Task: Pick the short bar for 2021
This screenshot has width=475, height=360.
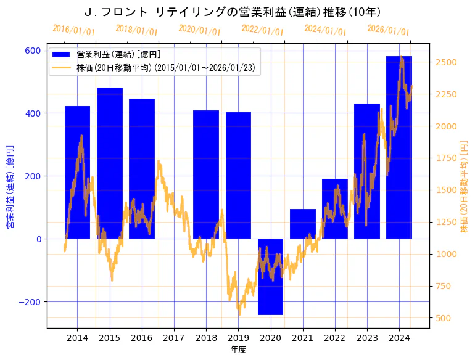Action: click(x=303, y=224)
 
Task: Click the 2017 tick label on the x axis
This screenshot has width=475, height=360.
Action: click(x=174, y=338)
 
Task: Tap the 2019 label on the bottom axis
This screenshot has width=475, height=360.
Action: click(x=238, y=338)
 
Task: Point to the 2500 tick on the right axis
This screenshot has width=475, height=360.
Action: click(x=445, y=62)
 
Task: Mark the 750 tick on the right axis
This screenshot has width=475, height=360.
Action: click(x=443, y=286)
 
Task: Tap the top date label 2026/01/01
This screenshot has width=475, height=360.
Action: click(x=388, y=30)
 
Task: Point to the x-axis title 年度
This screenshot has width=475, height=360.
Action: click(x=238, y=350)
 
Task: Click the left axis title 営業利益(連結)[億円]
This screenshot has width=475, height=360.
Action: click(x=10, y=187)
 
